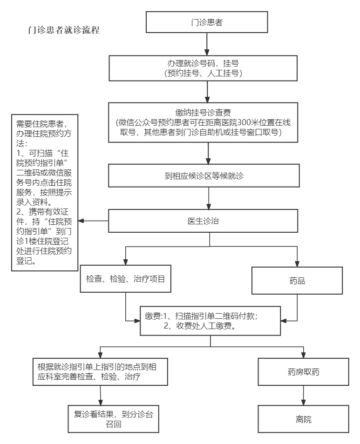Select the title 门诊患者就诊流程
click(64, 30)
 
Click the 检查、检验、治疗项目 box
click(125, 279)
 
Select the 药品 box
click(297, 280)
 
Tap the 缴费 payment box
click(211, 321)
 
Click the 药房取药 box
click(303, 371)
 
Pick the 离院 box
click(303, 418)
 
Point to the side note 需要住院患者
click(45, 192)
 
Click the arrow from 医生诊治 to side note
click(93, 221)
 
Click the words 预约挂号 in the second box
click(183, 73)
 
